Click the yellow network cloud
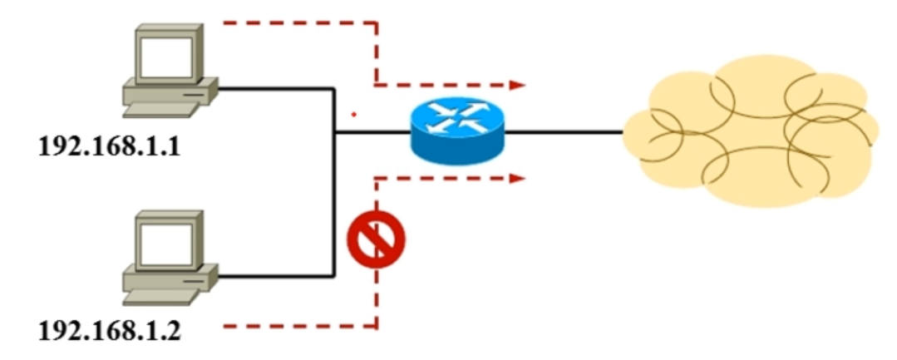[748, 131]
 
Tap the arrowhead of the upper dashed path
[518, 84]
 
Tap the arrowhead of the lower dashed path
[518, 177]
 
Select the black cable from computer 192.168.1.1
[274, 87]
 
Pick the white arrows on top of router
[456, 117]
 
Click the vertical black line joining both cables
[333, 183]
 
